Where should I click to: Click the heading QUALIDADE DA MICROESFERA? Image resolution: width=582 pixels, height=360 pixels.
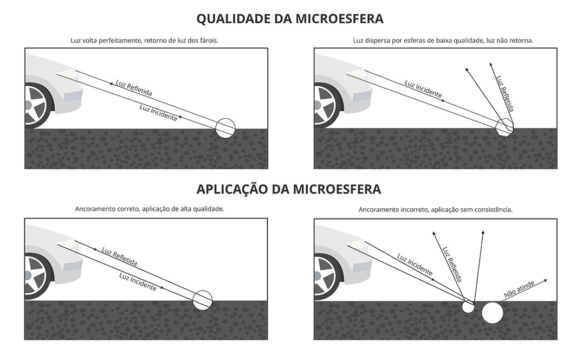point(290,19)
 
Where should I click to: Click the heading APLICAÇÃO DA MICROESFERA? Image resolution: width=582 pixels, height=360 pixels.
point(289,189)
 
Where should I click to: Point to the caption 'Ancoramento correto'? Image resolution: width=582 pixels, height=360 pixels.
point(150,208)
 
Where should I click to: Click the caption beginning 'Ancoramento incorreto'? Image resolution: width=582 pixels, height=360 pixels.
point(435,209)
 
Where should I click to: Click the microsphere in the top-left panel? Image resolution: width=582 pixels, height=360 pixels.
point(225,128)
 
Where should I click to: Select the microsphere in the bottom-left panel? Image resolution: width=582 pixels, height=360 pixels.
point(203,300)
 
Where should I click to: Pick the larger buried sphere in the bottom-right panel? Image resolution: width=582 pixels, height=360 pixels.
point(492,313)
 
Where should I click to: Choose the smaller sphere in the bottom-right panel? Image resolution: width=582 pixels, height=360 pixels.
point(468,307)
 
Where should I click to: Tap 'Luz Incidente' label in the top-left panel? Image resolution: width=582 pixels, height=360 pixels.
point(158,112)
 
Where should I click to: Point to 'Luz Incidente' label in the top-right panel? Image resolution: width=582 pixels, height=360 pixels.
point(423,90)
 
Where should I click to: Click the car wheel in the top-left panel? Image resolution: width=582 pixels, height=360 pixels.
point(36,106)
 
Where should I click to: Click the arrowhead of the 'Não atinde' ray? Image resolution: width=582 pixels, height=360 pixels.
point(546,280)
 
